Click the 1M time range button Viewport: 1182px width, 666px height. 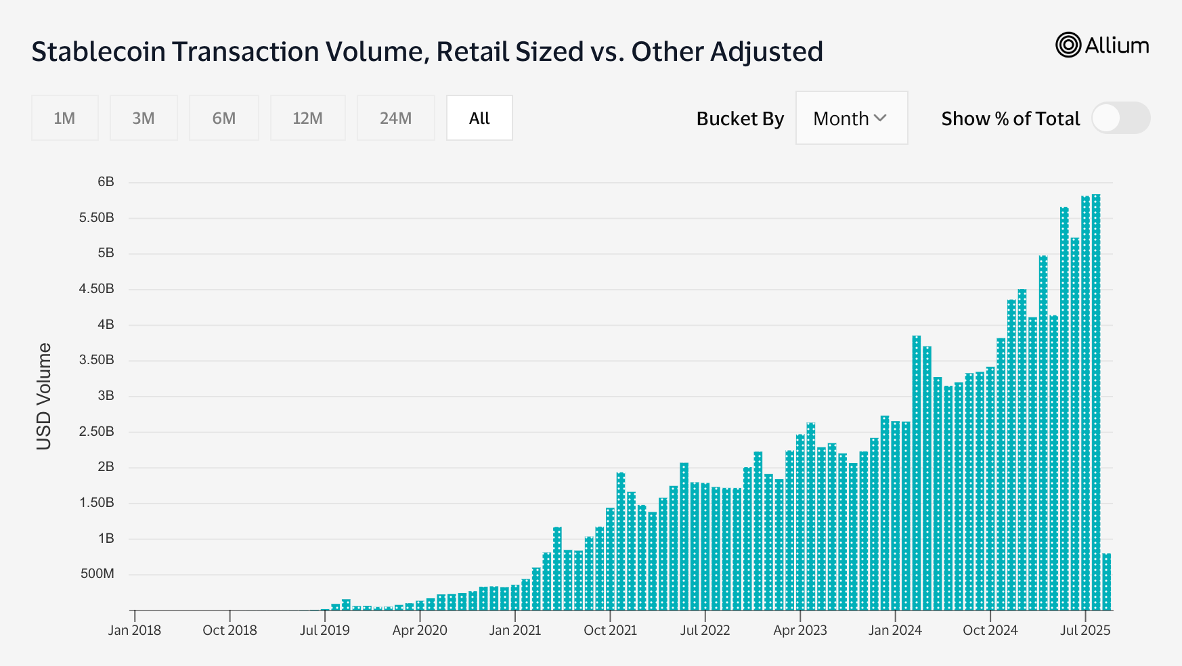[x=64, y=118]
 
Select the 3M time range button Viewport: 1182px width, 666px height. [x=144, y=118]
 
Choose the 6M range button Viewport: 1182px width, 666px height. [x=224, y=118]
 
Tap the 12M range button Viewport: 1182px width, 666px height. [x=307, y=118]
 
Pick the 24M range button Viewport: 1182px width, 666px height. [x=395, y=118]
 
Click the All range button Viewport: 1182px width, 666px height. [x=479, y=118]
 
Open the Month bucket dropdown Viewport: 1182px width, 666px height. [x=851, y=118]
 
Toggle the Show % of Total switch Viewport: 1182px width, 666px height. [x=1120, y=118]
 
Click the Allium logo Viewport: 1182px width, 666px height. [x=1102, y=45]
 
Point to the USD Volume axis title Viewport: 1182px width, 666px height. [x=44, y=396]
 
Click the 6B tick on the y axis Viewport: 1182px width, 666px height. [x=106, y=182]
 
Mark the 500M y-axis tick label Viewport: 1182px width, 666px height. [x=97, y=574]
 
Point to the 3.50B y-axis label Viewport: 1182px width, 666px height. [x=97, y=360]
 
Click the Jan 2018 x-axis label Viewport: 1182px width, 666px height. [x=135, y=630]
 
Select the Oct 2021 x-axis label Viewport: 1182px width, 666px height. [x=610, y=630]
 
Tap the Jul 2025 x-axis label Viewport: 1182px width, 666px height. [x=1085, y=630]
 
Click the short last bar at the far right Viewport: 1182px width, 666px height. [x=1107, y=582]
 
